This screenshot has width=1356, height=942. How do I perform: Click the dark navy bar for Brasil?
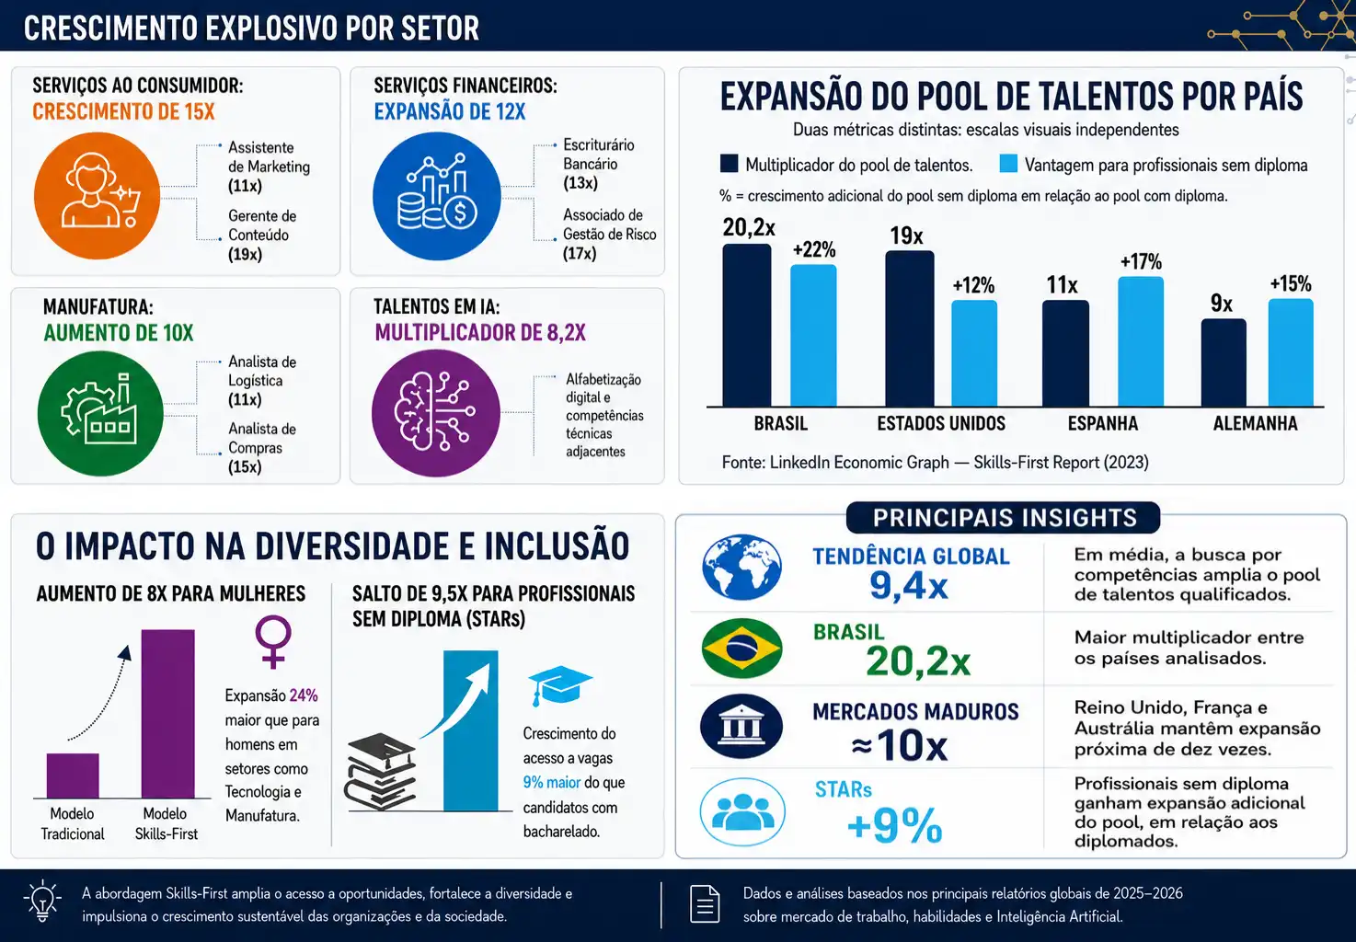pos(746,325)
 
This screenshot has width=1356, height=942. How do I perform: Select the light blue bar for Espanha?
pos(1141,341)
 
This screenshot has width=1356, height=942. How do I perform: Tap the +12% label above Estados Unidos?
pos(973,285)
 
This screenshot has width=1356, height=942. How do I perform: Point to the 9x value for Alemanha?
pos(1221,304)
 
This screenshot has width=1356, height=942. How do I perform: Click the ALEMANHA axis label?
pos(1255,423)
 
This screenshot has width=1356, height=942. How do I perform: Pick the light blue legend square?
pos(1008,164)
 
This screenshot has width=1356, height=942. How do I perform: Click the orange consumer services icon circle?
pos(97,196)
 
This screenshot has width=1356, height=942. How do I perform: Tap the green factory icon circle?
pos(100,413)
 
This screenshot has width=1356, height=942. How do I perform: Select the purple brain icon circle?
pos(436,413)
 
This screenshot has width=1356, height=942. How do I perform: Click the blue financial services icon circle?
pos(436,196)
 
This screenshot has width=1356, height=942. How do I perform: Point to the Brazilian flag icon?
pos(741,649)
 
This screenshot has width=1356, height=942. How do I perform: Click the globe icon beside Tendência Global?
pos(741,568)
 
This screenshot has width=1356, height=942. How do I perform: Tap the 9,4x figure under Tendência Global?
pos(909,585)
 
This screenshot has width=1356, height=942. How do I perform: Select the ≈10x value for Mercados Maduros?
pos(899,745)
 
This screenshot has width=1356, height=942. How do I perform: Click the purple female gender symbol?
pos(273,642)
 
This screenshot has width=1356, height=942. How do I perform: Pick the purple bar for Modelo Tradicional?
pos(73,775)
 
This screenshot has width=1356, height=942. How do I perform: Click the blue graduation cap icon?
pos(559,685)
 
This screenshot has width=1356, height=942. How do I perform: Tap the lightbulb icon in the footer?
pos(42,901)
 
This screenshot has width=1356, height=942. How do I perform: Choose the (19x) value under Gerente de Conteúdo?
pos(246,254)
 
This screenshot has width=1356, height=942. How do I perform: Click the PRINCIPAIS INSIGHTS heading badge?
pos(1003,518)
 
